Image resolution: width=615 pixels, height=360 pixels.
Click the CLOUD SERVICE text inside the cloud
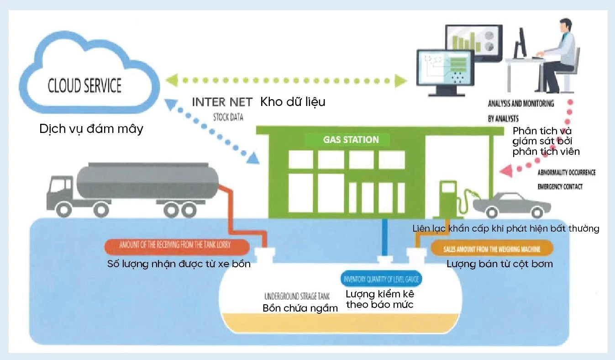click(x=85, y=86)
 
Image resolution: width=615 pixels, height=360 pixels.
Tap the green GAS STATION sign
click(x=351, y=139)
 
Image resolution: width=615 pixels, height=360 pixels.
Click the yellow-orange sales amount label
click(x=492, y=249)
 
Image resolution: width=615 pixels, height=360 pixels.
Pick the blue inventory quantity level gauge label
click(x=382, y=279)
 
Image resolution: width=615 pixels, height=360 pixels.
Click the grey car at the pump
click(x=511, y=203)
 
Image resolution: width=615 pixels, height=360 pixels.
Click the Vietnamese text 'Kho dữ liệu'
click(x=293, y=102)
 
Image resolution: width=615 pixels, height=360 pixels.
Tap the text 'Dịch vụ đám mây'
click(x=91, y=129)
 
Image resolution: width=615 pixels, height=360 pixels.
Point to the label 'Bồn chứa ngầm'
click(x=300, y=308)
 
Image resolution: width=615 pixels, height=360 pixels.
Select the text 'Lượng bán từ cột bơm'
click(x=499, y=264)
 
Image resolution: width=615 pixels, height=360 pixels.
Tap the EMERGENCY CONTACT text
click(x=560, y=187)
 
